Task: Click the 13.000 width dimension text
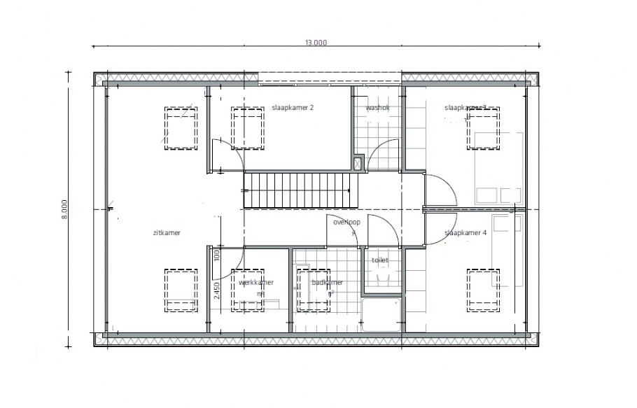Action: click(315, 42)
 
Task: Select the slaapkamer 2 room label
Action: click(292, 108)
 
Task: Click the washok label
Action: click(377, 108)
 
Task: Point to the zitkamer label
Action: click(166, 233)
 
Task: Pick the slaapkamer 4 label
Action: click(465, 233)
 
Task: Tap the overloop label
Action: click(346, 222)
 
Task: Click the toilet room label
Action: click(379, 260)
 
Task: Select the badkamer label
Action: click(327, 283)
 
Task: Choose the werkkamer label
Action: click(255, 283)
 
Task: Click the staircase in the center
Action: click(297, 191)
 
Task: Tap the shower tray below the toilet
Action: click(381, 316)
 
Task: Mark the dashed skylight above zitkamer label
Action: click(181, 127)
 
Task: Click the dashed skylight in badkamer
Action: click(314, 290)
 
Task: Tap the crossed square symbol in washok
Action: click(358, 163)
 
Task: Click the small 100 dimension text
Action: click(217, 256)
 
